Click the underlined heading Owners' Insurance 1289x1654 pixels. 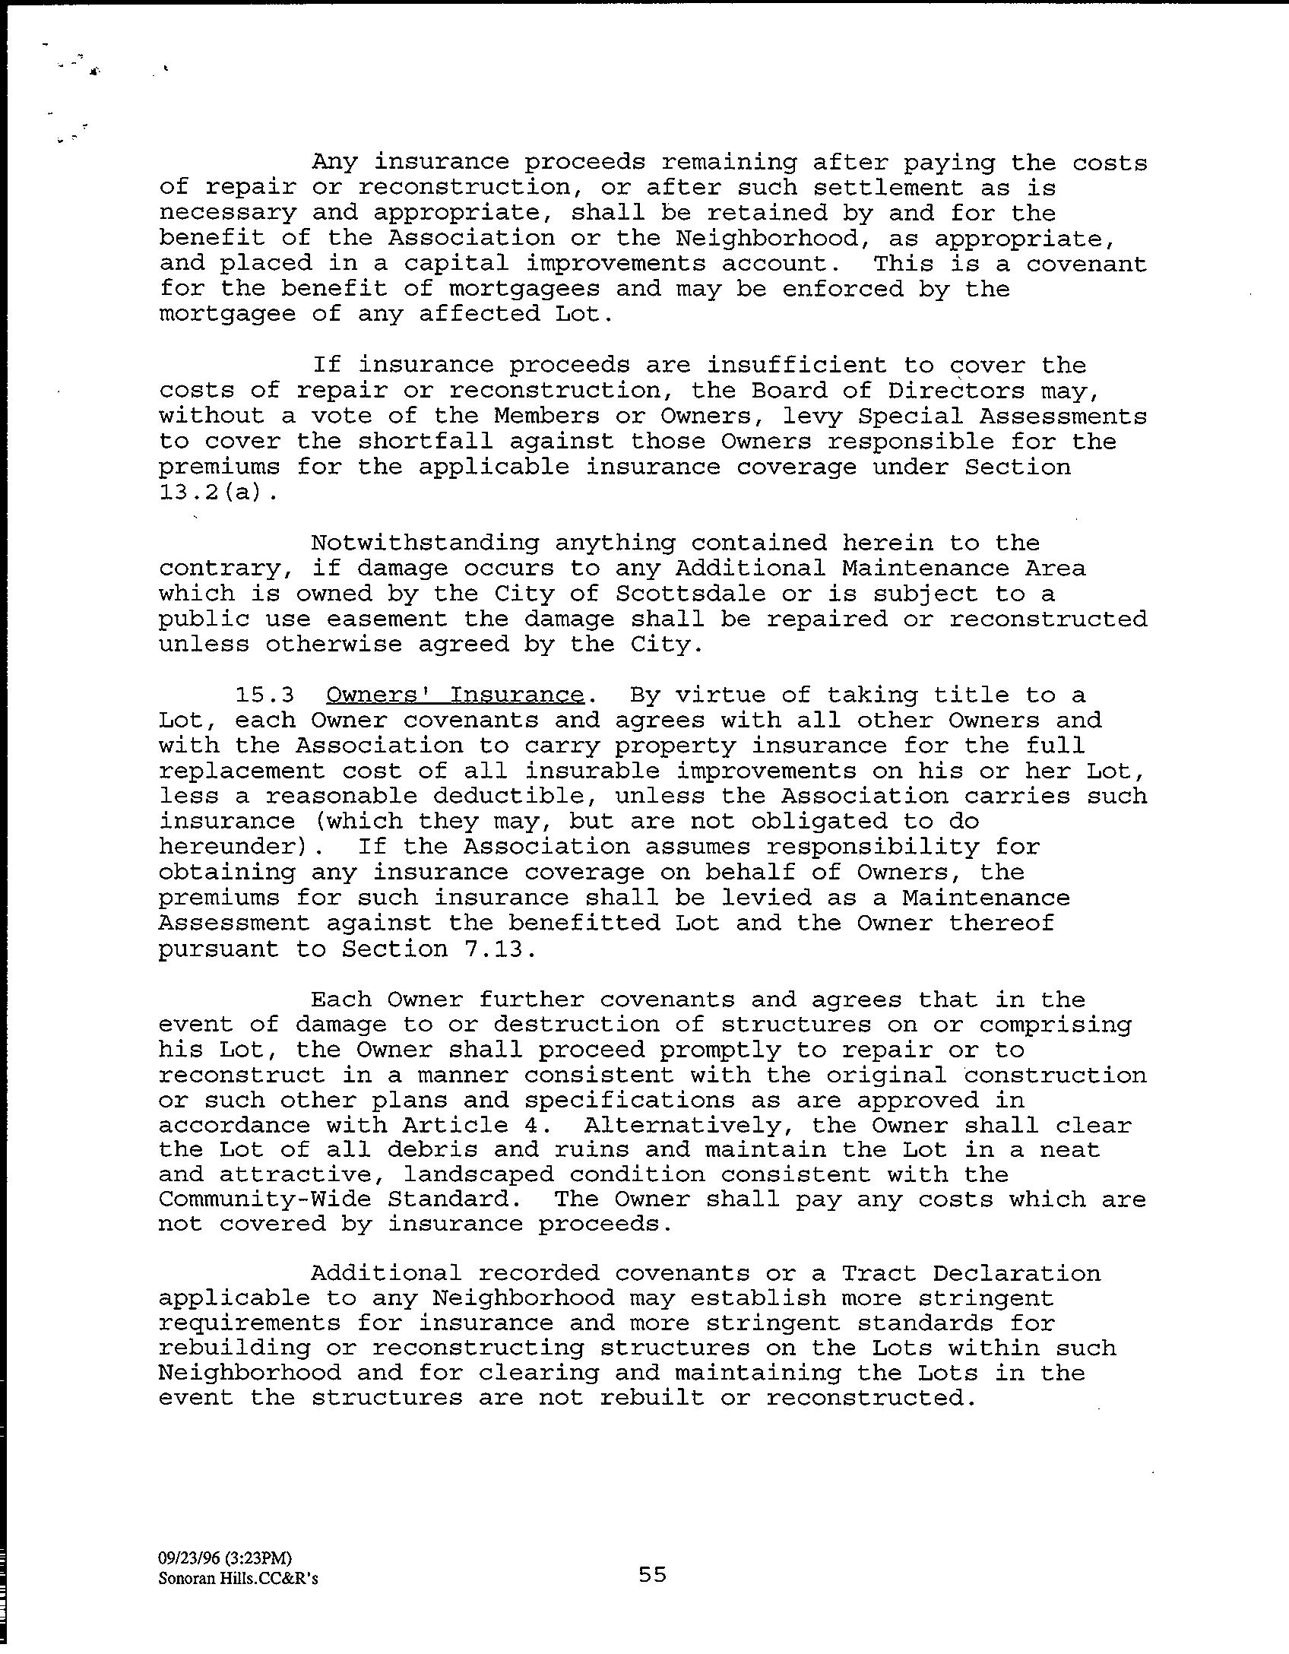(454, 696)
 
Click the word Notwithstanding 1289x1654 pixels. (425, 543)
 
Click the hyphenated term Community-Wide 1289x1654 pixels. (264, 1199)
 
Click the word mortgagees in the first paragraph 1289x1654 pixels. (524, 289)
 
